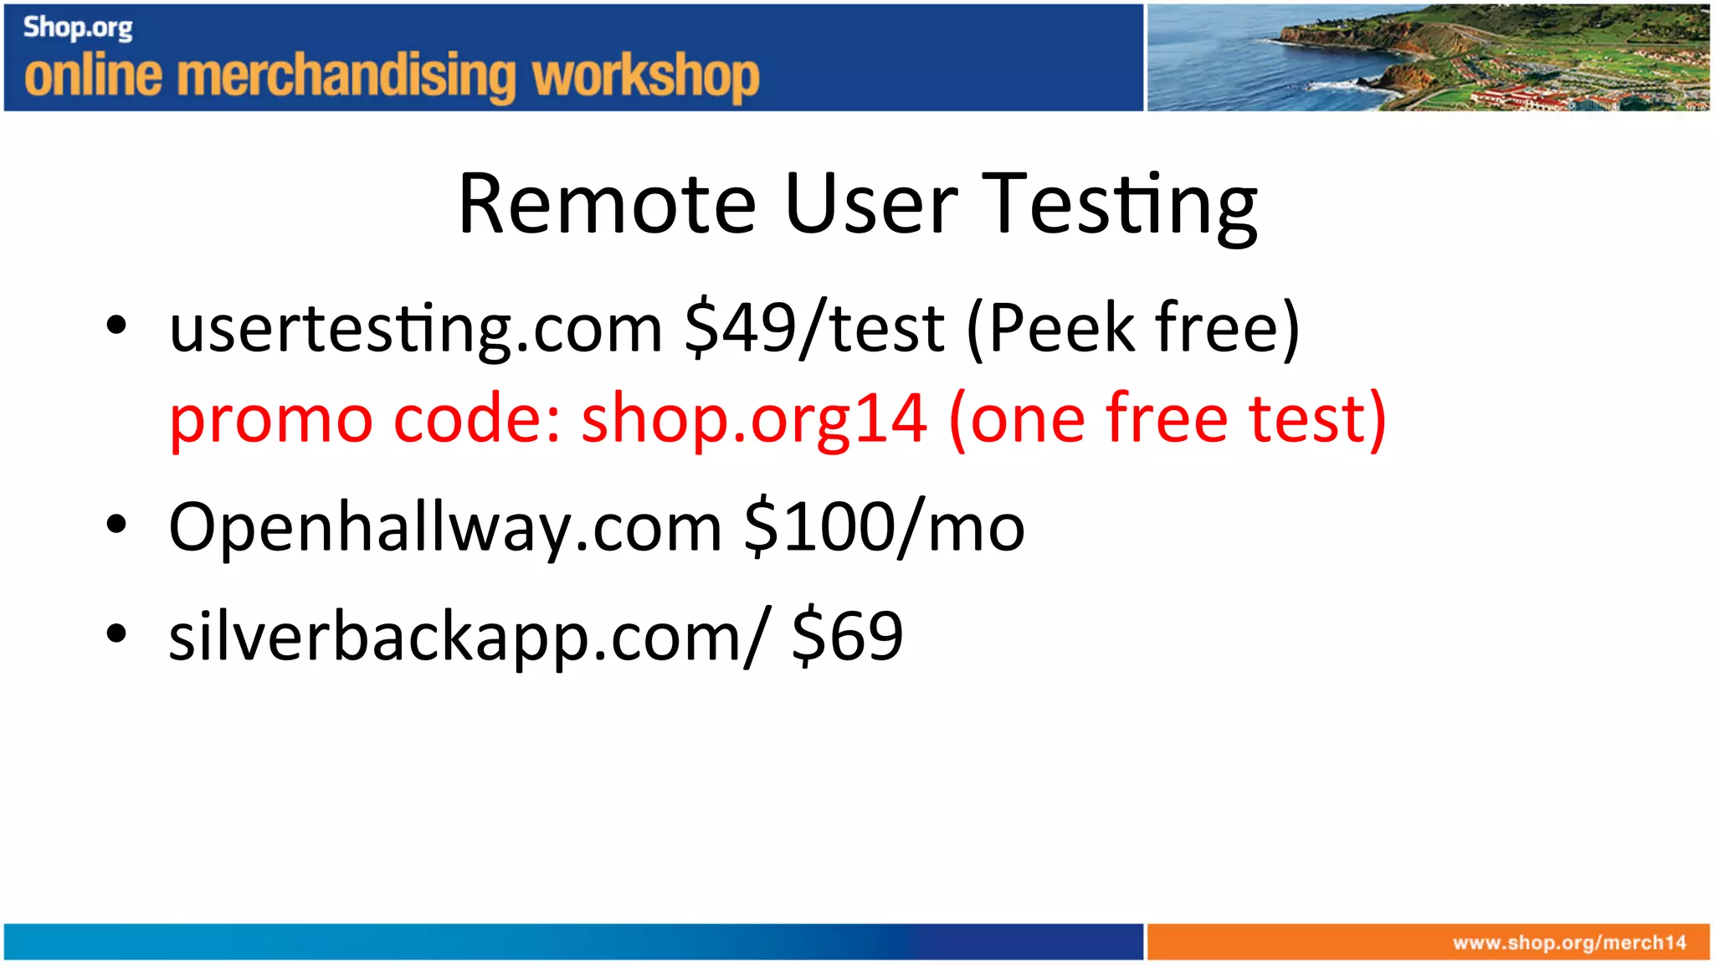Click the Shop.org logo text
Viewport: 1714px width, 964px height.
coord(78,28)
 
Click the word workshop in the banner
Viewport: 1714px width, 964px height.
coord(645,76)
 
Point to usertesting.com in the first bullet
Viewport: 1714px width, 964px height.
coord(416,329)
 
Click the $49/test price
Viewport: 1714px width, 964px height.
coord(813,329)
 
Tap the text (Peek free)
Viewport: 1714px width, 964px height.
coord(1133,329)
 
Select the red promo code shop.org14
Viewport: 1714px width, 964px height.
coord(754,418)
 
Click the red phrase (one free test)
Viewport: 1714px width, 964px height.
coord(1167,418)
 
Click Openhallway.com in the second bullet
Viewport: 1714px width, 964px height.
coord(444,527)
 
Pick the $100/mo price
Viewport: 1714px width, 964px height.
coord(884,527)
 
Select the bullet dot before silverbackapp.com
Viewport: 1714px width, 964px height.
coord(116,633)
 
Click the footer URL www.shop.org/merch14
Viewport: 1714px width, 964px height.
coord(1569,943)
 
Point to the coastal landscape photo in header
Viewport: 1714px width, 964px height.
coord(1427,57)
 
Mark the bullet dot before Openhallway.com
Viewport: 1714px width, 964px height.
coord(116,524)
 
